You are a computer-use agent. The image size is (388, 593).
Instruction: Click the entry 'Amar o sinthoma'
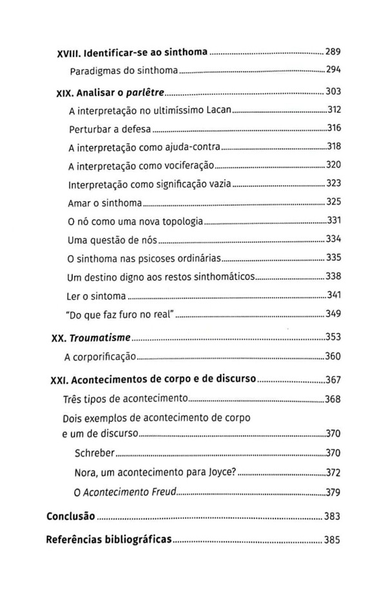pyautogui.click(x=104, y=203)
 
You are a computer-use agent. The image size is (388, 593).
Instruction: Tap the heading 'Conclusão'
pyautogui.click(x=72, y=517)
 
